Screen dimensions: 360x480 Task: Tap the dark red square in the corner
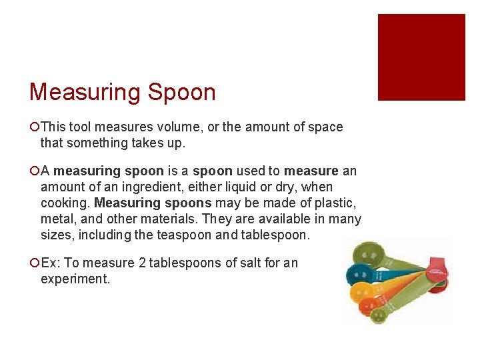[x=421, y=57]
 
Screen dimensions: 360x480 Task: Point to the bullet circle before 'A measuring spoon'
[x=34, y=171]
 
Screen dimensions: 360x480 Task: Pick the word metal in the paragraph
[x=56, y=219]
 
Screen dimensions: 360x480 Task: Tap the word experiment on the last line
[x=75, y=279]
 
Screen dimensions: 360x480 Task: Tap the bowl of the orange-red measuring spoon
[x=371, y=305]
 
